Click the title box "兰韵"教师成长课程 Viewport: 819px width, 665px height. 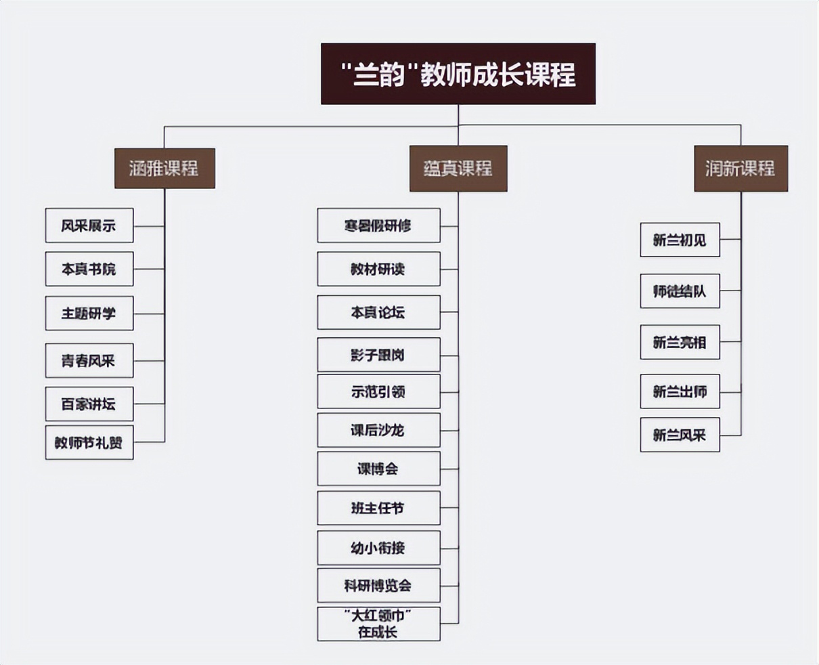tap(458, 74)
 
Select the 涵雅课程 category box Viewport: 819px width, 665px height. tap(164, 168)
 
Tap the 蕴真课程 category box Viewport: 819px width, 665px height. tap(458, 169)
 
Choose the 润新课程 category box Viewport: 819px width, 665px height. tap(740, 169)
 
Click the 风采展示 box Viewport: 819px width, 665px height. tap(89, 226)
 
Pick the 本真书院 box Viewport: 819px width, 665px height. tap(89, 269)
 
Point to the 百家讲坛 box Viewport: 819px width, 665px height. tap(89, 404)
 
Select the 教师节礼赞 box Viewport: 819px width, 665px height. tap(89, 443)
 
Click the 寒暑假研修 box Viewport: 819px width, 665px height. tap(378, 226)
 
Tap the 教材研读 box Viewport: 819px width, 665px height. tap(378, 269)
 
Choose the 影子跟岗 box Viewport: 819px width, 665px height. tap(378, 355)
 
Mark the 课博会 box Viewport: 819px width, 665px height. tap(378, 469)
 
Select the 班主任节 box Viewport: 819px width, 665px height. tap(378, 508)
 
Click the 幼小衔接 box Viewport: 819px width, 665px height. tap(378, 548)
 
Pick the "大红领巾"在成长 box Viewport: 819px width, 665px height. tap(378, 624)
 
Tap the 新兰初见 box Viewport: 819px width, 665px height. tap(680, 240)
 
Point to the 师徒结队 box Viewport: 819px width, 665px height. tap(680, 291)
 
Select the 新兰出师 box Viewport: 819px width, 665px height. tap(680, 391)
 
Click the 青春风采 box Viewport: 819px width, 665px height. tap(89, 360)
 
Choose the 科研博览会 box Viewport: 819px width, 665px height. tap(378, 586)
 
